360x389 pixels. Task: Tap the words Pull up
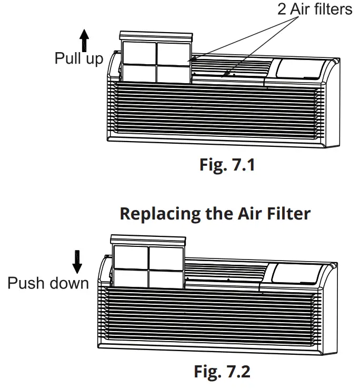79,58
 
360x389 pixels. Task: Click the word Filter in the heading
287,214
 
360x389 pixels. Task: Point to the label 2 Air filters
314,10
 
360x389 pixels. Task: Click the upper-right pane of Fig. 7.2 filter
164,257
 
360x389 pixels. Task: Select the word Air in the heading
247,214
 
